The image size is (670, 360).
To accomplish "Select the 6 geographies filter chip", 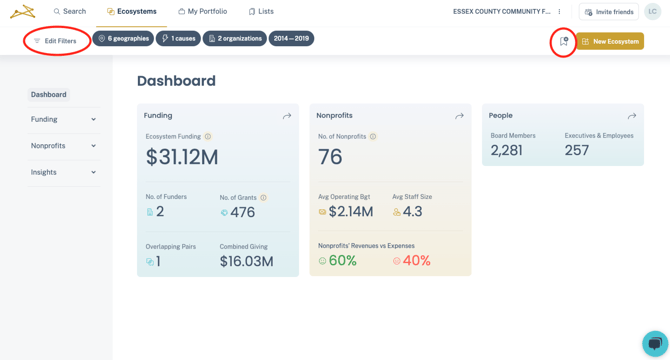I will click(123, 39).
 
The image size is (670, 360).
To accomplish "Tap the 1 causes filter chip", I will click(178, 39).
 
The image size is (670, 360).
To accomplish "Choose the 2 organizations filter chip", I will click(234, 39).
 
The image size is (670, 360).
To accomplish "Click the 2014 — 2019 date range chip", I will click(291, 39).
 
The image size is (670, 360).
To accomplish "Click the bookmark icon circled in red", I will click(563, 41).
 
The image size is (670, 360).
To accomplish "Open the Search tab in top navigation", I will click(70, 12).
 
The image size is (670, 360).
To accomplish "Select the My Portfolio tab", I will click(202, 12).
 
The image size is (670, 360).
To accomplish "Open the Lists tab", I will click(261, 12).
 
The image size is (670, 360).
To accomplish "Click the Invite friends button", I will click(609, 12).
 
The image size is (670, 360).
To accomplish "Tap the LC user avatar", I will click(652, 12).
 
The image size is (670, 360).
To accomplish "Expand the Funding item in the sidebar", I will click(63, 119).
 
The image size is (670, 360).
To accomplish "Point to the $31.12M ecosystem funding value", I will click(182, 157).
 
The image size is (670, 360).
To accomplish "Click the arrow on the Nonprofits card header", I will click(459, 116).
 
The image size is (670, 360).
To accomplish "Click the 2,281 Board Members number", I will click(506, 151).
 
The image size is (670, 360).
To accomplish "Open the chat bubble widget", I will click(655, 343).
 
